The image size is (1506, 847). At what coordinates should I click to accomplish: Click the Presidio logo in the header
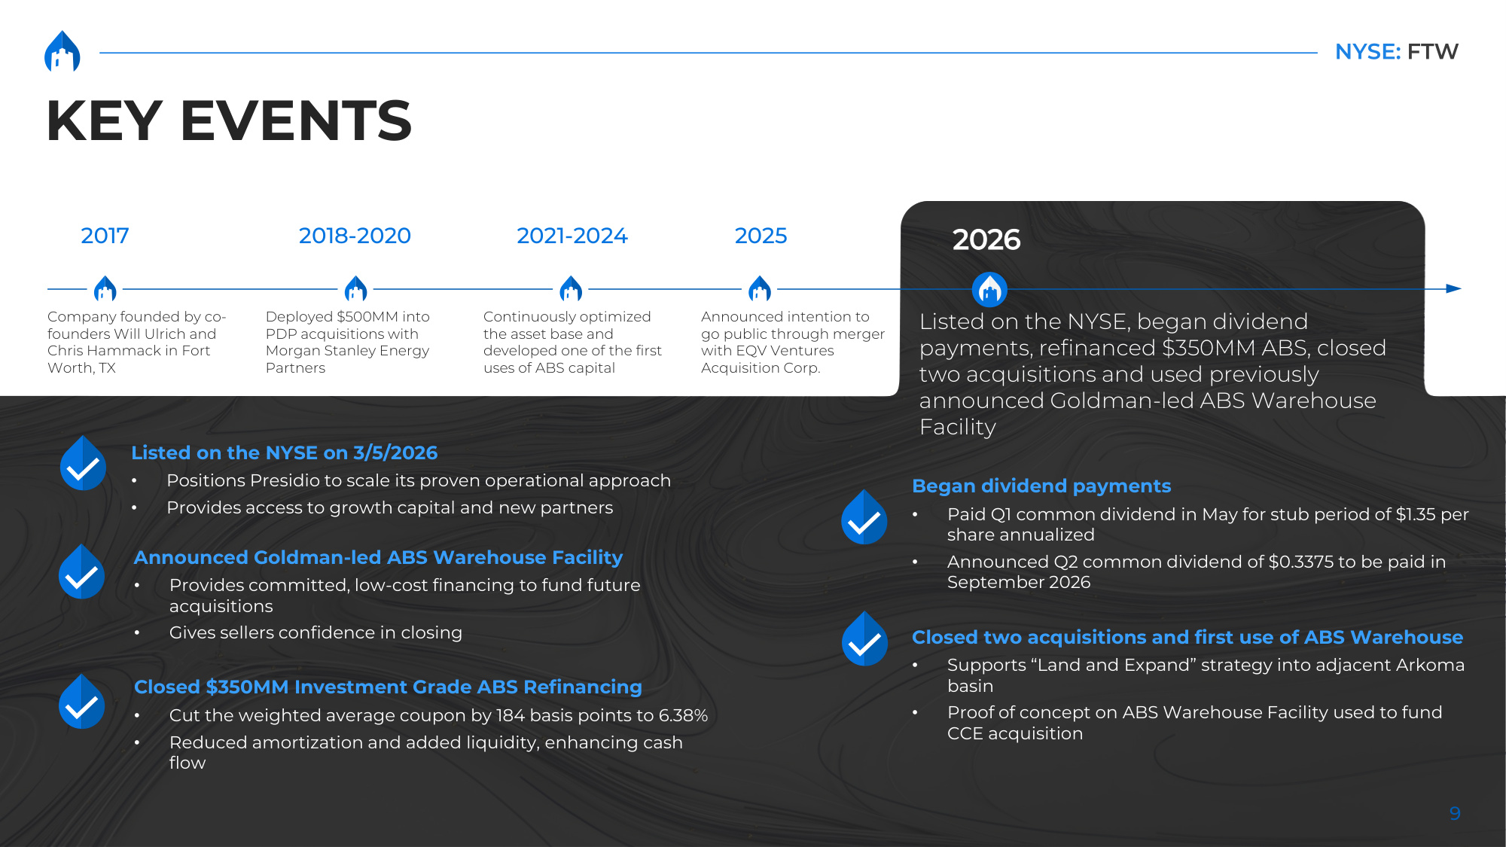tap(62, 51)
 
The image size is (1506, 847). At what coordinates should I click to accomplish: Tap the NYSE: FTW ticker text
tap(1396, 51)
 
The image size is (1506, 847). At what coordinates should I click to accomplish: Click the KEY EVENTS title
tap(229, 120)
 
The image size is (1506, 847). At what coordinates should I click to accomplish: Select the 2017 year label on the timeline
tap(105, 236)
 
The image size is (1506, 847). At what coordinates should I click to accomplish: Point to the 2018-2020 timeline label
tap(355, 236)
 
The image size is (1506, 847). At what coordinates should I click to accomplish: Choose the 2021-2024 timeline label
tap(572, 236)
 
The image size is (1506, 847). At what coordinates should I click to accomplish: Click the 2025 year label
tap(761, 236)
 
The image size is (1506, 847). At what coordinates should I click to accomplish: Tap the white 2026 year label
tap(986, 239)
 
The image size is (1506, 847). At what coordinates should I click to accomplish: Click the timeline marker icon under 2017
tap(105, 288)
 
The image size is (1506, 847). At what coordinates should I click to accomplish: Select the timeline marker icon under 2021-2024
tap(571, 288)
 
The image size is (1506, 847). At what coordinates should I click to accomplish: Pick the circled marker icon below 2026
tap(989, 289)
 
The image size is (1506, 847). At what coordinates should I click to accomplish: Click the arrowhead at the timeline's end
tap(1454, 288)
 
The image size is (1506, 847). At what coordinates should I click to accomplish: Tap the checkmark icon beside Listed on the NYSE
tap(83, 463)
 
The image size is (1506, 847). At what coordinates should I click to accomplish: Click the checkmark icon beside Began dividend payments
tap(864, 517)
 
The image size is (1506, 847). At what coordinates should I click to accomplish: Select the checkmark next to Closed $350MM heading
tap(81, 701)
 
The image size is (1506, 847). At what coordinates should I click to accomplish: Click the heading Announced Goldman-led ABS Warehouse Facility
tap(378, 557)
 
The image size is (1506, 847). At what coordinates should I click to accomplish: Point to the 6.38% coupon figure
tap(684, 715)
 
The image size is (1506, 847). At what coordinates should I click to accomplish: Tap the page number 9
tap(1455, 813)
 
